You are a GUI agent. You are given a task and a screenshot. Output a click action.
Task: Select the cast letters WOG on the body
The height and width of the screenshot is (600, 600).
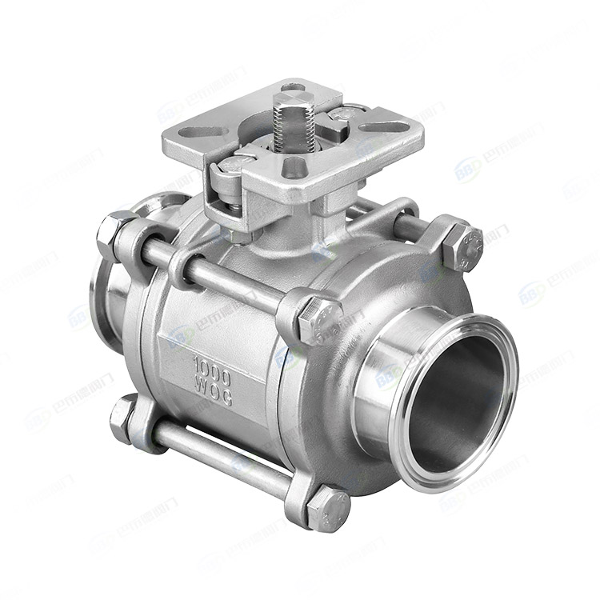(x=213, y=392)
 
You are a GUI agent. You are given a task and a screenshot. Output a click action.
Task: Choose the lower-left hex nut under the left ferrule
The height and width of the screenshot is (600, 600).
(x=124, y=414)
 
